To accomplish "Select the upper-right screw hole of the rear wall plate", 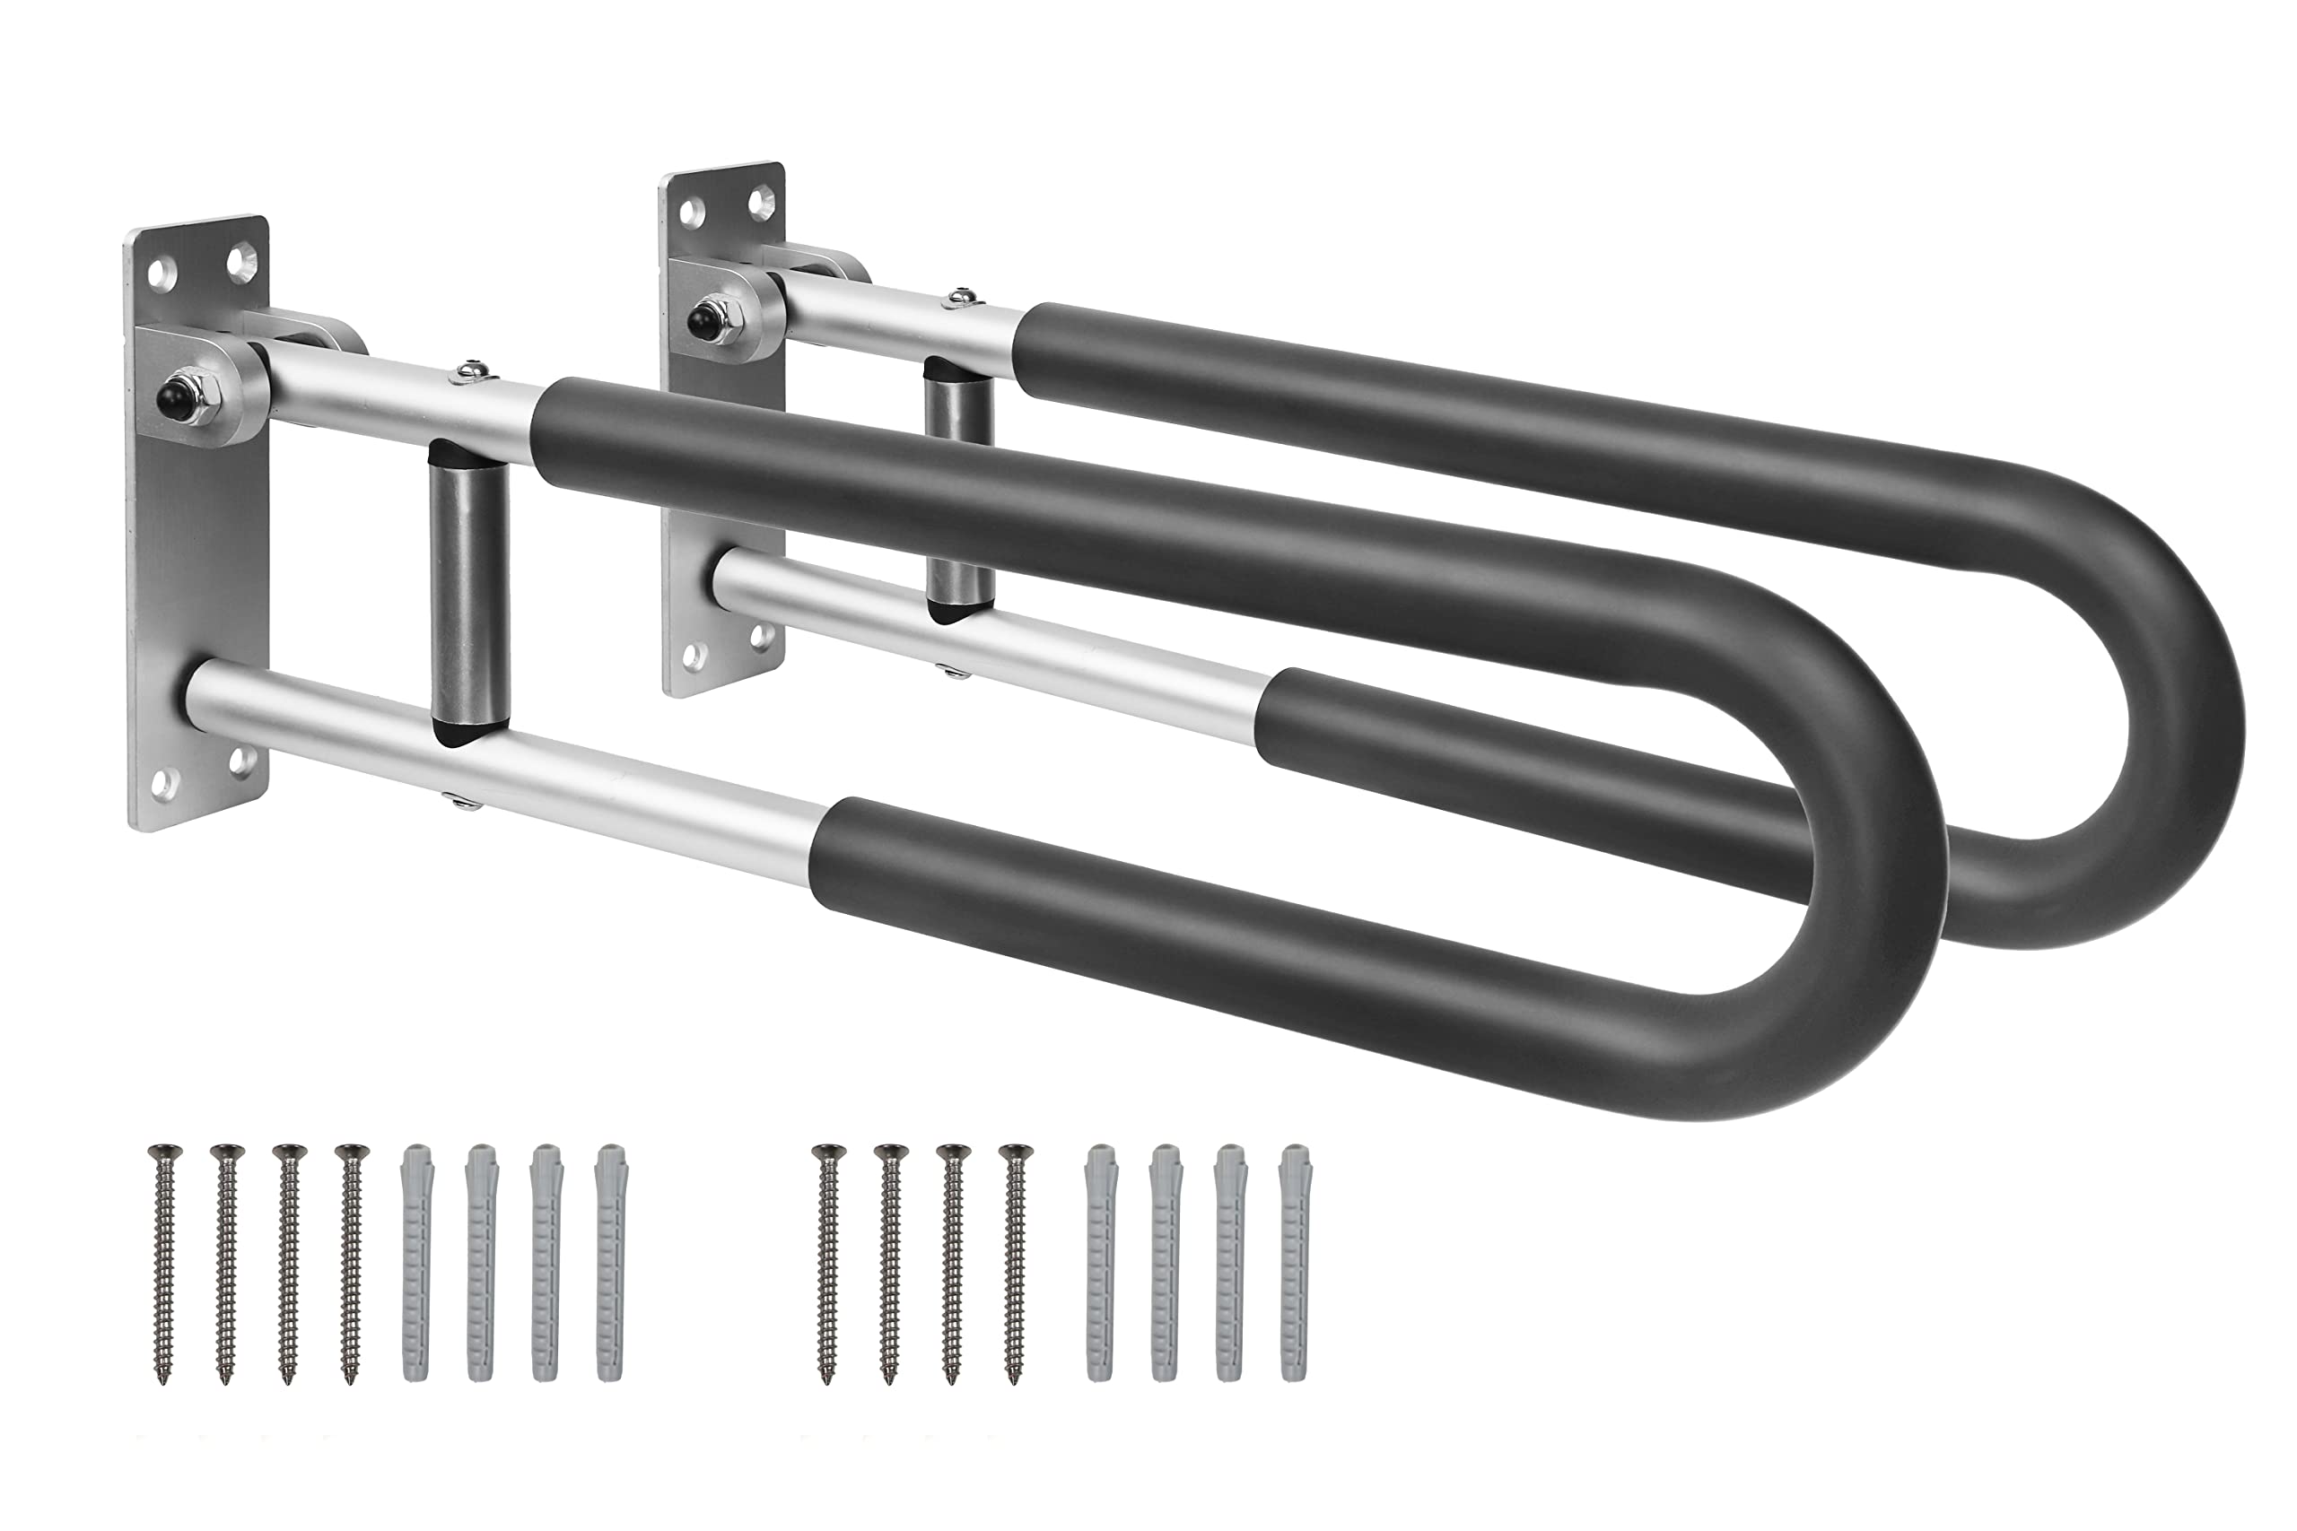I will (x=759, y=203).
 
